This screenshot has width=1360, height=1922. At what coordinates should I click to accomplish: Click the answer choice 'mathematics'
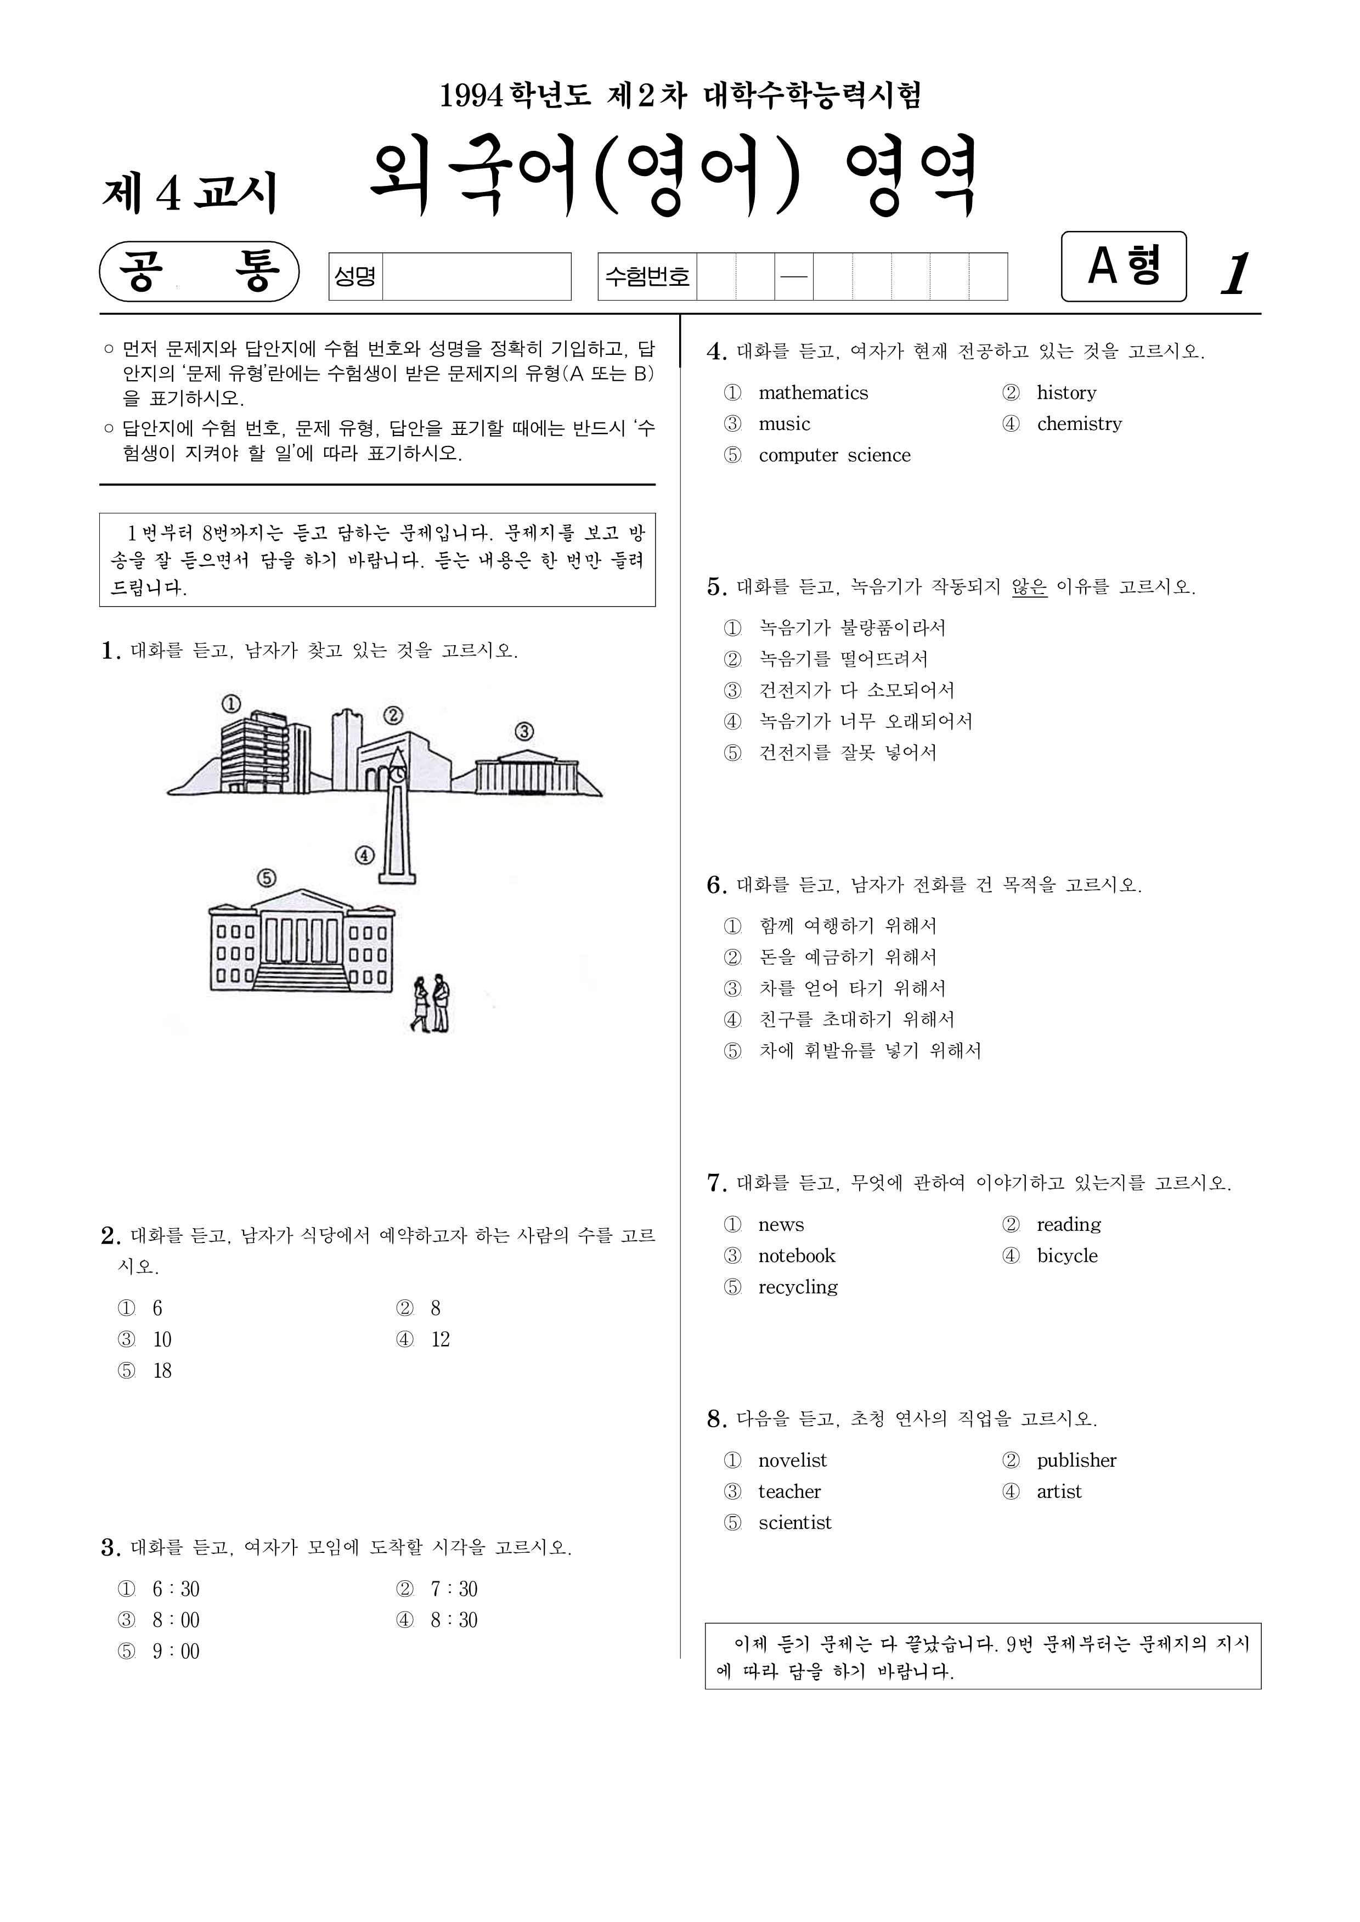click(812, 393)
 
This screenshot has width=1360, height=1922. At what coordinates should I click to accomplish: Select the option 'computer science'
click(833, 455)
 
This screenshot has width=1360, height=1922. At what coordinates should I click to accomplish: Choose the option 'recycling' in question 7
click(797, 1287)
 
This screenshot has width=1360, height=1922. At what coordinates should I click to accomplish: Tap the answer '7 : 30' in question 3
click(454, 1589)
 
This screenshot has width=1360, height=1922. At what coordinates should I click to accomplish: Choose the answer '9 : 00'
click(176, 1652)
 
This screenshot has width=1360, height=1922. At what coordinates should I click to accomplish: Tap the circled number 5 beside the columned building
click(266, 877)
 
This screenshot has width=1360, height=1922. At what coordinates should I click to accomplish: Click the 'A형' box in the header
click(1123, 266)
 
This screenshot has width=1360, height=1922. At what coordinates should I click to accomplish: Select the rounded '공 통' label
click(199, 271)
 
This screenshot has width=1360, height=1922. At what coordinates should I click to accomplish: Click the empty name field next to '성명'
click(476, 276)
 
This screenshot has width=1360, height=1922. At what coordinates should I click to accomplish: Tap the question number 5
click(716, 587)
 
